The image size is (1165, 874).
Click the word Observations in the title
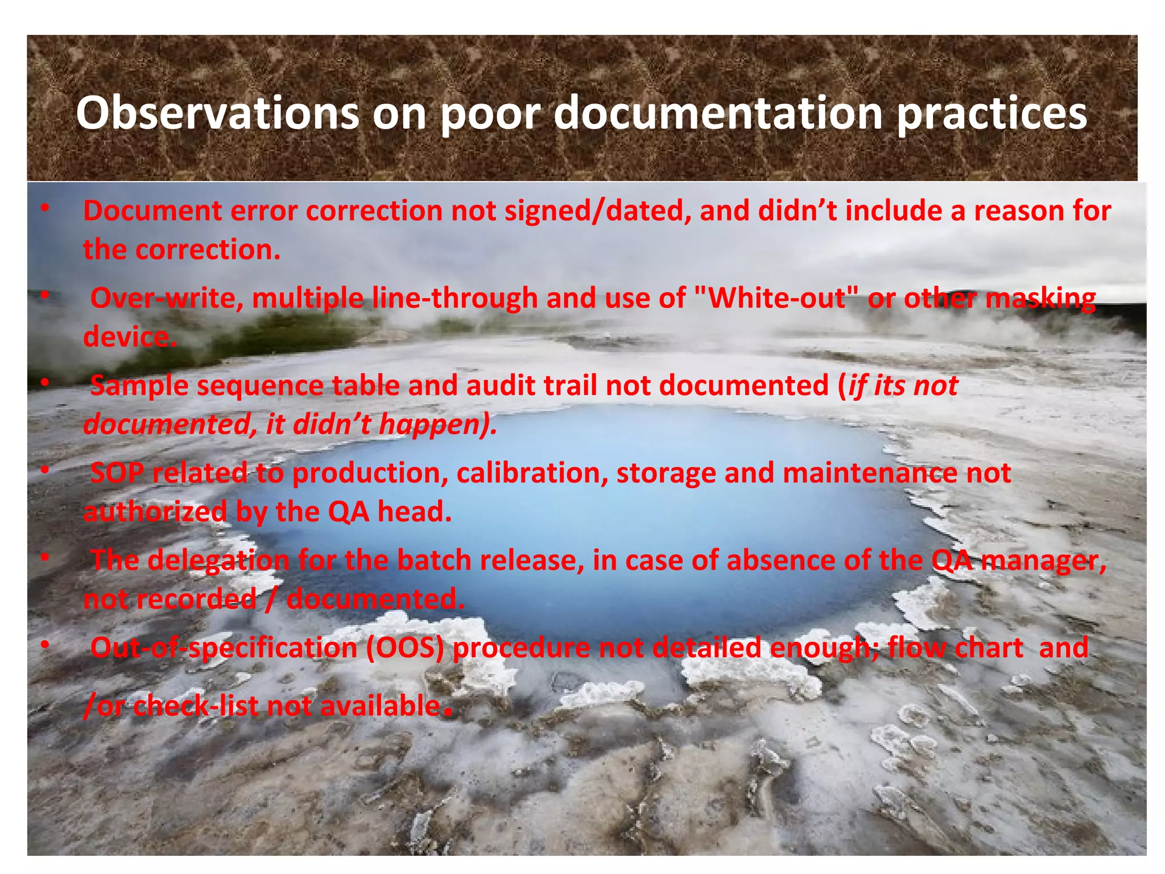pyautogui.click(x=217, y=113)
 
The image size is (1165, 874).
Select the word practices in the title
pyautogui.click(x=992, y=114)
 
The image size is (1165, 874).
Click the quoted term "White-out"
pyautogui.click(x=777, y=298)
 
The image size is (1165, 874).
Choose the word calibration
pyautogui.click(x=531, y=473)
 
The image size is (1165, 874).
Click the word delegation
pyautogui.click(x=218, y=561)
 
